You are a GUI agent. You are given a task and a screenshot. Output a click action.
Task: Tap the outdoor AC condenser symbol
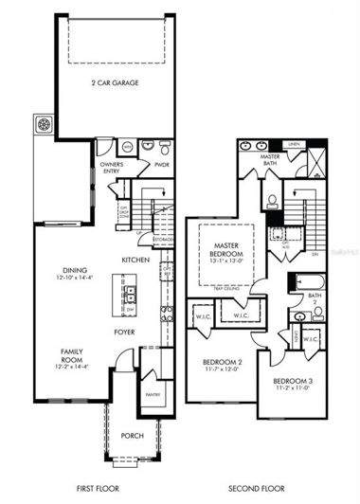pyautogui.click(x=44, y=125)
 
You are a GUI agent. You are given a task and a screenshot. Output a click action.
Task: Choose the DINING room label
pyautogui.click(x=76, y=269)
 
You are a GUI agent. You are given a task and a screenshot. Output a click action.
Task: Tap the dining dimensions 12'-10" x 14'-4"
pyautogui.click(x=76, y=278)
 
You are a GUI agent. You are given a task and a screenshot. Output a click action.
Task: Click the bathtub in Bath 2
pyautogui.click(x=308, y=282)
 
